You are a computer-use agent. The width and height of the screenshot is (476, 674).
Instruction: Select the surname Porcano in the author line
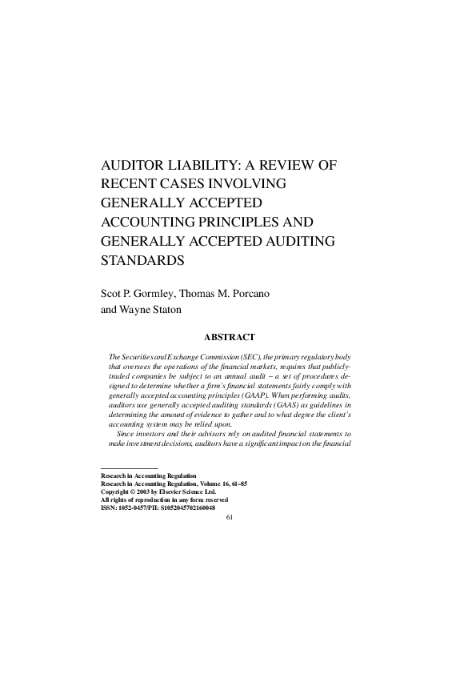point(247,294)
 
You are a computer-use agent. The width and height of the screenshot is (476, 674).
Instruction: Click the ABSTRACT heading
point(232,337)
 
